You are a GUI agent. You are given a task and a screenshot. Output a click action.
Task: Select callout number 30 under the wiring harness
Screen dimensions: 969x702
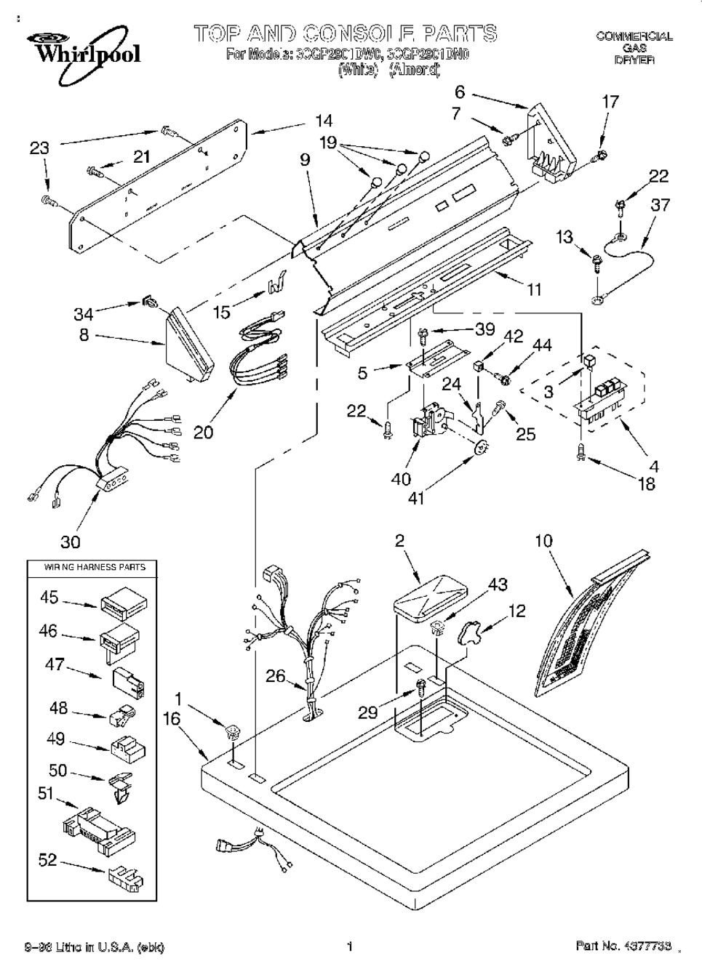coord(70,542)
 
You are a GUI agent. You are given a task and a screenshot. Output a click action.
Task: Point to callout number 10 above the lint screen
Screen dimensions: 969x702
coord(543,541)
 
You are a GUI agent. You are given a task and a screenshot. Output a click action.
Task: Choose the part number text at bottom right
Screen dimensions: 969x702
coord(623,946)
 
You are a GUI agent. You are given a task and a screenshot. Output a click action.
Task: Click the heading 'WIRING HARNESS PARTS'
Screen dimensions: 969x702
coord(86,567)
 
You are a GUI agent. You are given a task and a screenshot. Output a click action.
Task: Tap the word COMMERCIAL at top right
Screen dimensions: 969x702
coord(634,36)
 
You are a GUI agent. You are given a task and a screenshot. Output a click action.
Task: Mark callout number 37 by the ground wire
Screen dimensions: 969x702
coord(660,205)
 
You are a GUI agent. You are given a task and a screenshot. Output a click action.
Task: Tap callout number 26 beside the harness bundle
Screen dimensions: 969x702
coord(275,675)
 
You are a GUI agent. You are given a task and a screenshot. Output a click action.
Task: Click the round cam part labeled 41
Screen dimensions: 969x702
coord(479,449)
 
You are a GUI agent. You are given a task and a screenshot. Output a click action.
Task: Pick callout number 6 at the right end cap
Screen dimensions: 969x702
coord(460,92)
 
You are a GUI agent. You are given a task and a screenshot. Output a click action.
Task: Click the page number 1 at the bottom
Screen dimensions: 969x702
coord(350,946)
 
